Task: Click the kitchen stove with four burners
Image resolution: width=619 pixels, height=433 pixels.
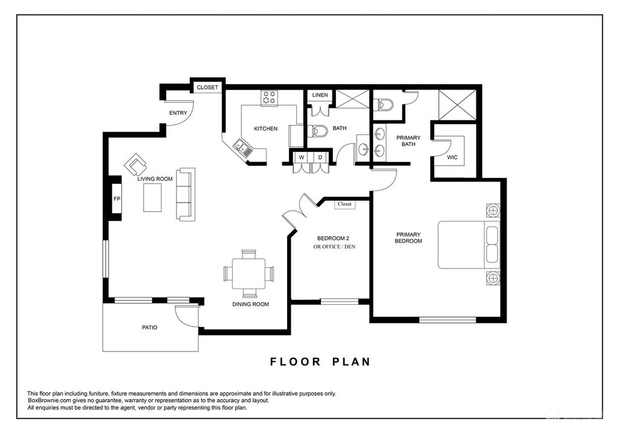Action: [x=270, y=97]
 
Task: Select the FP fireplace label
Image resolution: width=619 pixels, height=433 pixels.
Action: [x=117, y=199]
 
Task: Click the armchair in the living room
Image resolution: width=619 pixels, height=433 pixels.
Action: [x=135, y=164]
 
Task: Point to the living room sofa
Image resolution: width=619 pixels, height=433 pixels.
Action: [x=186, y=194]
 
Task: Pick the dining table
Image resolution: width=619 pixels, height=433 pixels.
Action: [x=248, y=273]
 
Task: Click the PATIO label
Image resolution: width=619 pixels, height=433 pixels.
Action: [x=150, y=328]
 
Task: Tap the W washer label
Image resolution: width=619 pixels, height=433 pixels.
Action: [x=302, y=157]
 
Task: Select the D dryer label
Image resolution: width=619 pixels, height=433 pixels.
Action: [x=320, y=157]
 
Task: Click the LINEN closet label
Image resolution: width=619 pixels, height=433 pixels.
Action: [x=320, y=95]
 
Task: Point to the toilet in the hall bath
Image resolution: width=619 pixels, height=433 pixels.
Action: [x=317, y=131]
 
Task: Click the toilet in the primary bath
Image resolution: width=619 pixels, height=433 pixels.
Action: [x=383, y=105]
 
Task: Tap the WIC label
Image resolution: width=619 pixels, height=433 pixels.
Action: [x=452, y=157]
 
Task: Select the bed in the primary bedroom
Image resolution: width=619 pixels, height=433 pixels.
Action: [x=468, y=245]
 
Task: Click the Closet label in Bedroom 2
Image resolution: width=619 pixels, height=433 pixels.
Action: [x=345, y=204]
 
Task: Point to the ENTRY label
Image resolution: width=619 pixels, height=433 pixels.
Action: [x=178, y=113]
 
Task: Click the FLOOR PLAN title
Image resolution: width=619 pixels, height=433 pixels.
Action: [x=320, y=362]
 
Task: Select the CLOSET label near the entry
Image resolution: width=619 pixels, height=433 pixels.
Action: [x=207, y=87]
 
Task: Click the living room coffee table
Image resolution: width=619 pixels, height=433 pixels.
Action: [x=152, y=198]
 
